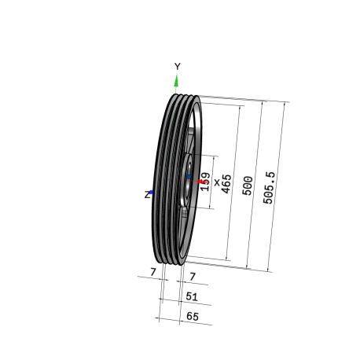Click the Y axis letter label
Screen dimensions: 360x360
coord(178,67)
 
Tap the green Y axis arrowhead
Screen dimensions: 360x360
coord(176,81)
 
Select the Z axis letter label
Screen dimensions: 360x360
coord(148,195)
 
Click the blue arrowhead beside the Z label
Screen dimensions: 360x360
coord(152,193)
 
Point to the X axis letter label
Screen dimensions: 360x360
coord(217,182)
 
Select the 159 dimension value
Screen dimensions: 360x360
coord(205,182)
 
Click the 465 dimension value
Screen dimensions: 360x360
coord(226,184)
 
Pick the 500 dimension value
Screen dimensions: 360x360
coord(248,186)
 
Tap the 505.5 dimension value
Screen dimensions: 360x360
coord(269,188)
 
